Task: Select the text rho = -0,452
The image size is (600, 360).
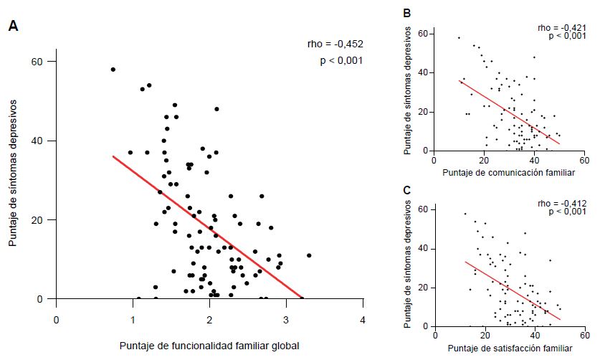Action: click(334, 44)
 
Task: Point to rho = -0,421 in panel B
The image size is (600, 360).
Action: click(558, 27)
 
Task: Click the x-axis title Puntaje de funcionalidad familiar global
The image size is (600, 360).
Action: click(209, 346)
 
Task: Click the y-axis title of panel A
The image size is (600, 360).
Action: click(13, 173)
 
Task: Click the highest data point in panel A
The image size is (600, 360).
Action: click(113, 70)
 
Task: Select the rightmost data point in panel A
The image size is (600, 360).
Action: click(309, 255)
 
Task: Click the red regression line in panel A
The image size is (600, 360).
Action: click(208, 227)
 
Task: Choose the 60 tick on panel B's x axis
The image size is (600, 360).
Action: click(584, 160)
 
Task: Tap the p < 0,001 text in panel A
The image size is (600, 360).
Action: click(341, 61)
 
